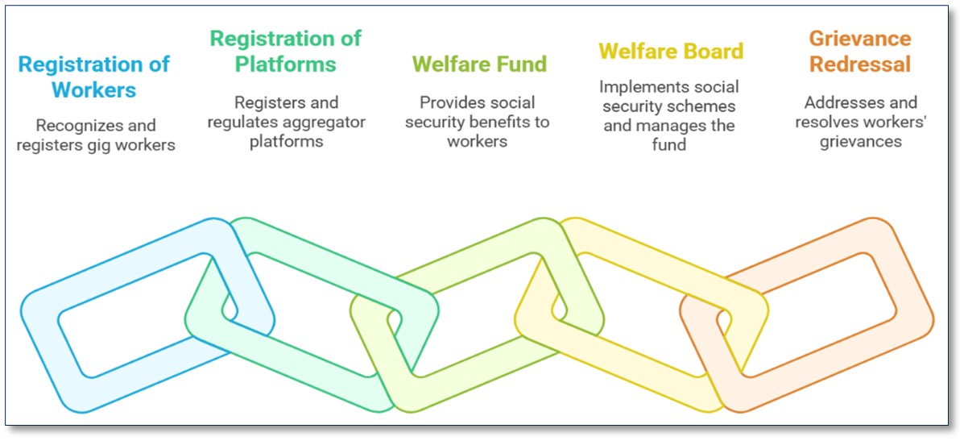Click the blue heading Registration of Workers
tap(93, 77)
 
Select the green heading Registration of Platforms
tap(285, 51)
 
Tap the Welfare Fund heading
tap(479, 64)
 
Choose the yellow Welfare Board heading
tap(671, 51)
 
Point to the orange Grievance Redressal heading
tap(859, 51)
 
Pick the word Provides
tap(449, 102)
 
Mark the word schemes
tap(708, 106)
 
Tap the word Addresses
tap(838, 102)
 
